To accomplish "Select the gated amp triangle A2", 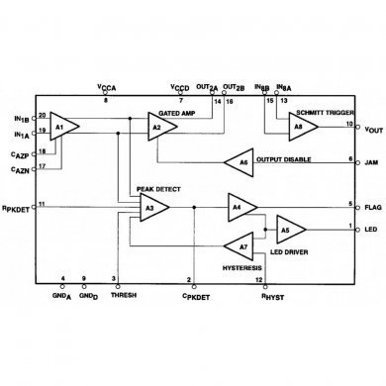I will point(158,127).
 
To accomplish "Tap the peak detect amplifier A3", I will point(151,207).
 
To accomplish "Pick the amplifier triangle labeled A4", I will point(238,206).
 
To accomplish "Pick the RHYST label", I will point(271,295).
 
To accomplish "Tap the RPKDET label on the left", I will point(17,207).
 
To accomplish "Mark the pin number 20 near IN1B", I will point(43,114).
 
